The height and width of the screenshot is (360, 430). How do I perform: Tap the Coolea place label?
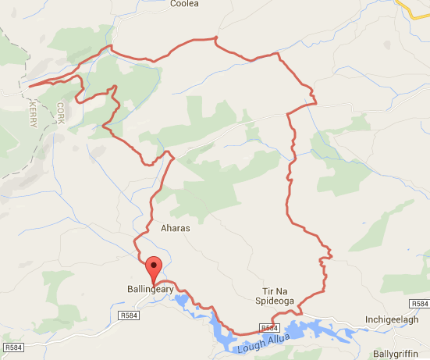click(x=185, y=4)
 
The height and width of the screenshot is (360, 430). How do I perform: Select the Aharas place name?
click(x=175, y=230)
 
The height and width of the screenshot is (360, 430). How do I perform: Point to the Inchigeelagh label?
click(x=393, y=320)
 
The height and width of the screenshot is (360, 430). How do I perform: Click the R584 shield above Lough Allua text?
click(x=268, y=328)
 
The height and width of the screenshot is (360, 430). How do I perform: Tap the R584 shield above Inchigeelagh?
click(x=418, y=303)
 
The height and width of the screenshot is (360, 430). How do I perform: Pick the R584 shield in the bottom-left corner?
click(x=14, y=347)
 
